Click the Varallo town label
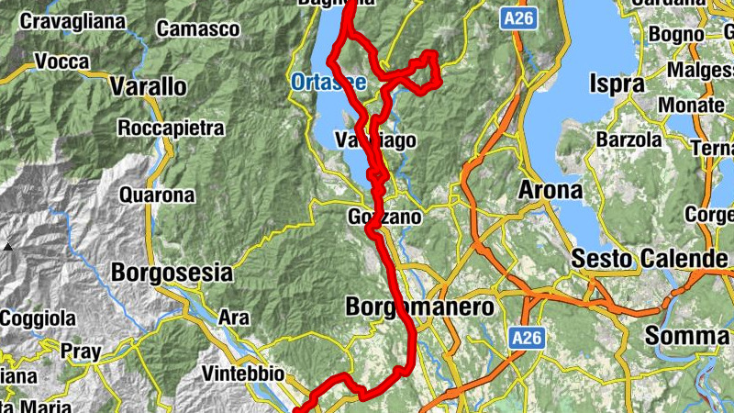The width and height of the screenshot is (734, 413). pyautogui.click(x=148, y=87)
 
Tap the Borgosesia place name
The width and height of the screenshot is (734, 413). pyautogui.click(x=172, y=273)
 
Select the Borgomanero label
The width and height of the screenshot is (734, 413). pyautogui.click(x=420, y=307)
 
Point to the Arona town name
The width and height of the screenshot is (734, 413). pyautogui.click(x=550, y=191)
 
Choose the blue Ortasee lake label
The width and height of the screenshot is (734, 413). pyautogui.click(x=328, y=83)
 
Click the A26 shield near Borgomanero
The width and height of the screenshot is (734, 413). pyautogui.click(x=527, y=339)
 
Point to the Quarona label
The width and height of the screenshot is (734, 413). pyautogui.click(x=157, y=195)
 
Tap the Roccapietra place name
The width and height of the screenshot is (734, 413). pyautogui.click(x=171, y=128)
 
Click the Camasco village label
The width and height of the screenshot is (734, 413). pyautogui.click(x=197, y=29)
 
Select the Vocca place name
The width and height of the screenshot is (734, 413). pyautogui.click(x=61, y=62)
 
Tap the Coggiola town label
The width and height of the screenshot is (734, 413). pyautogui.click(x=38, y=318)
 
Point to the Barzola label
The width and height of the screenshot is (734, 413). pyautogui.click(x=628, y=140)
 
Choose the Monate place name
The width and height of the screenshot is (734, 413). pyautogui.click(x=691, y=106)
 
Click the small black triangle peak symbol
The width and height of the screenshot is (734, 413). pyautogui.click(x=7, y=247)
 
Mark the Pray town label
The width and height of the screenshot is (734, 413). pyautogui.click(x=80, y=350)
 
